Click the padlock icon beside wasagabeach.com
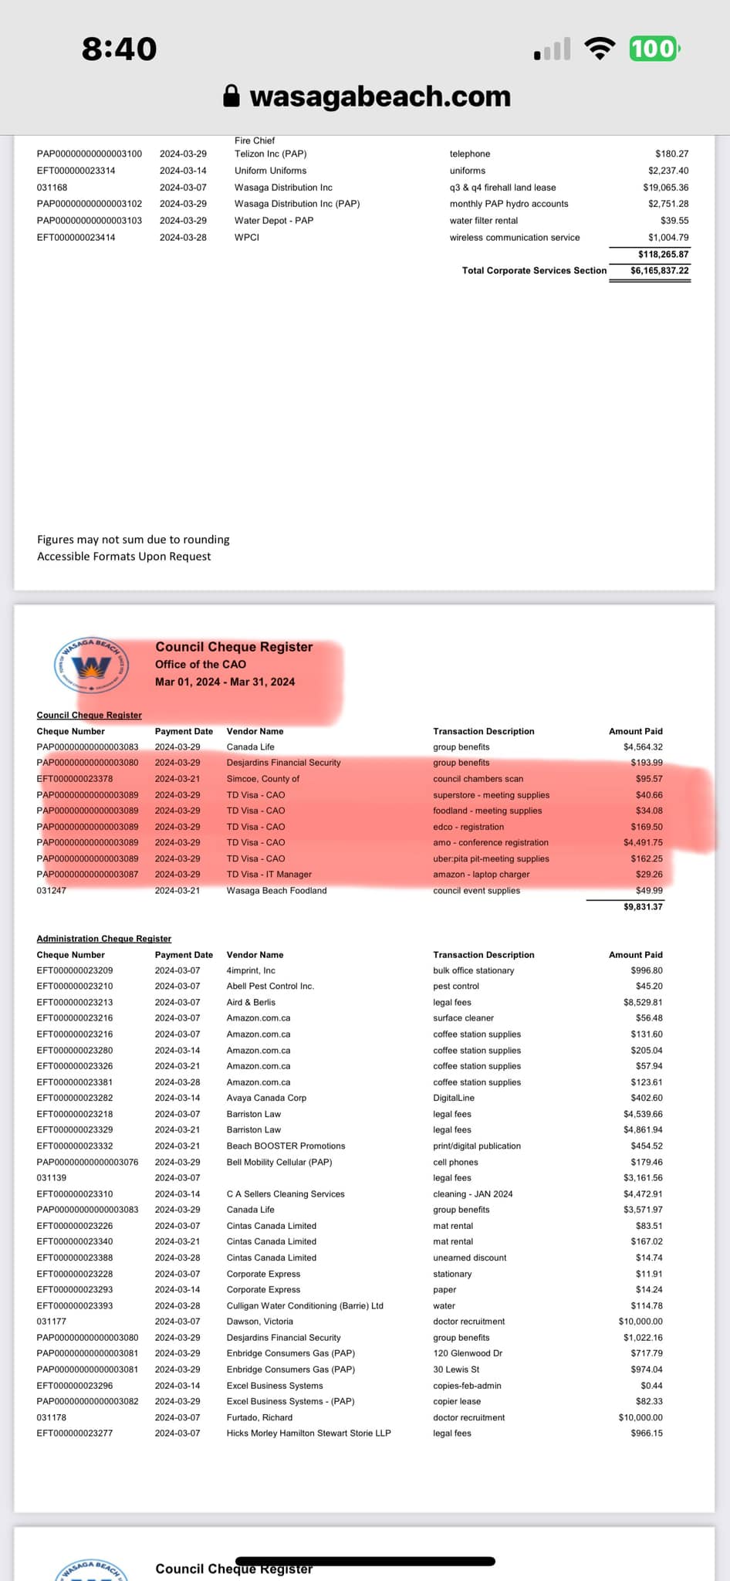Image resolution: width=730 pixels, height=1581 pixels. coord(231,96)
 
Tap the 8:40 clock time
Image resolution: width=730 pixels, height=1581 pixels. coord(120,49)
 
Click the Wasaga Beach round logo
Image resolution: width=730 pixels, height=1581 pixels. coord(91,665)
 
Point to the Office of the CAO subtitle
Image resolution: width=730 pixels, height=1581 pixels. coord(201,665)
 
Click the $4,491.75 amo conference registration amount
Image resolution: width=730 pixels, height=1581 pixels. coord(643,843)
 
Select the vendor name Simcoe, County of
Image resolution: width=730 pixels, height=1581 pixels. coord(262,779)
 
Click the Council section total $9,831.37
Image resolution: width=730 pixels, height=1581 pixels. coord(643,907)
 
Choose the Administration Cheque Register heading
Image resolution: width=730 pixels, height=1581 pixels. coord(104,939)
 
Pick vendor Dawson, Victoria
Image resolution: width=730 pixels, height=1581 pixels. coord(259,1322)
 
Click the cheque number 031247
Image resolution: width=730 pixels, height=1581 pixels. coord(52,891)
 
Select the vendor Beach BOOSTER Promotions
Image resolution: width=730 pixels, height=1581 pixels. coord(286,1146)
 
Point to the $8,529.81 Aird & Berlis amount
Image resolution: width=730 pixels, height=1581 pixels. coord(643,1003)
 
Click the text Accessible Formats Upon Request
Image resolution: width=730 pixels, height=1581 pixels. coord(123,557)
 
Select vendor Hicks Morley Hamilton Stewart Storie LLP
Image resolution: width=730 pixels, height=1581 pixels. coord(309,1434)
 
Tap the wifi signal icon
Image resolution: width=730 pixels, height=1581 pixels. coord(600,49)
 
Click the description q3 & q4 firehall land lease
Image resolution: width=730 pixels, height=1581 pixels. coord(502,188)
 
